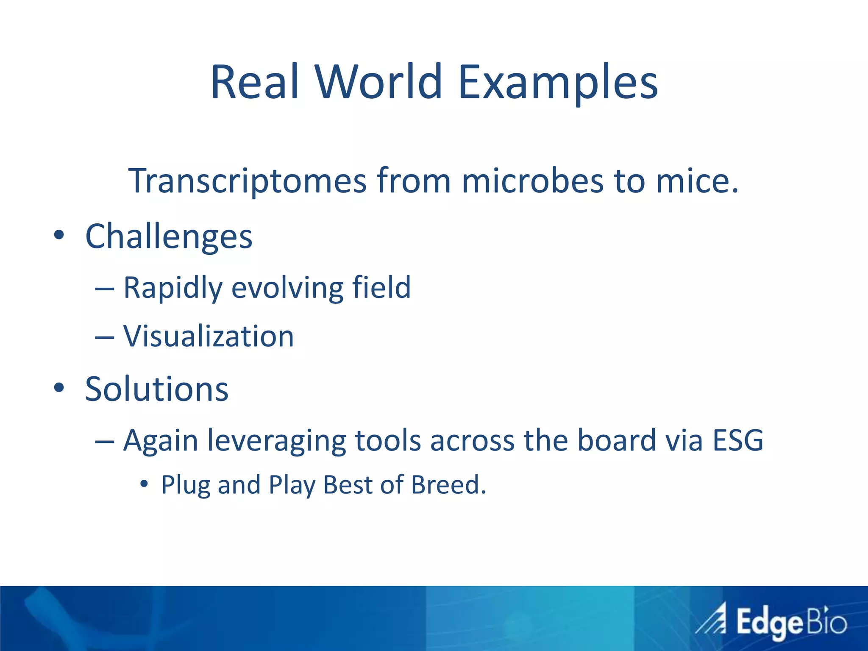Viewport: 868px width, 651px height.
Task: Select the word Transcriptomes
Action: pos(247,181)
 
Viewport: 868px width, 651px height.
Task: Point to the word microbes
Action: pos(532,181)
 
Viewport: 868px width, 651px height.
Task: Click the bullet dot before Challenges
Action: pos(59,235)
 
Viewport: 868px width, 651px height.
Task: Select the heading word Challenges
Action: pos(169,236)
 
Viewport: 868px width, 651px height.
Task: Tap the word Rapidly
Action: pos(172,288)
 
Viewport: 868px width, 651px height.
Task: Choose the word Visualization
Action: pos(208,337)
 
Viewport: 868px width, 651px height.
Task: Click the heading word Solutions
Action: pos(156,389)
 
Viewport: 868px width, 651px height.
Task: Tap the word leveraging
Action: pos(276,441)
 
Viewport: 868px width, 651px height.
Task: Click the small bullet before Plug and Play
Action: pos(144,483)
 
